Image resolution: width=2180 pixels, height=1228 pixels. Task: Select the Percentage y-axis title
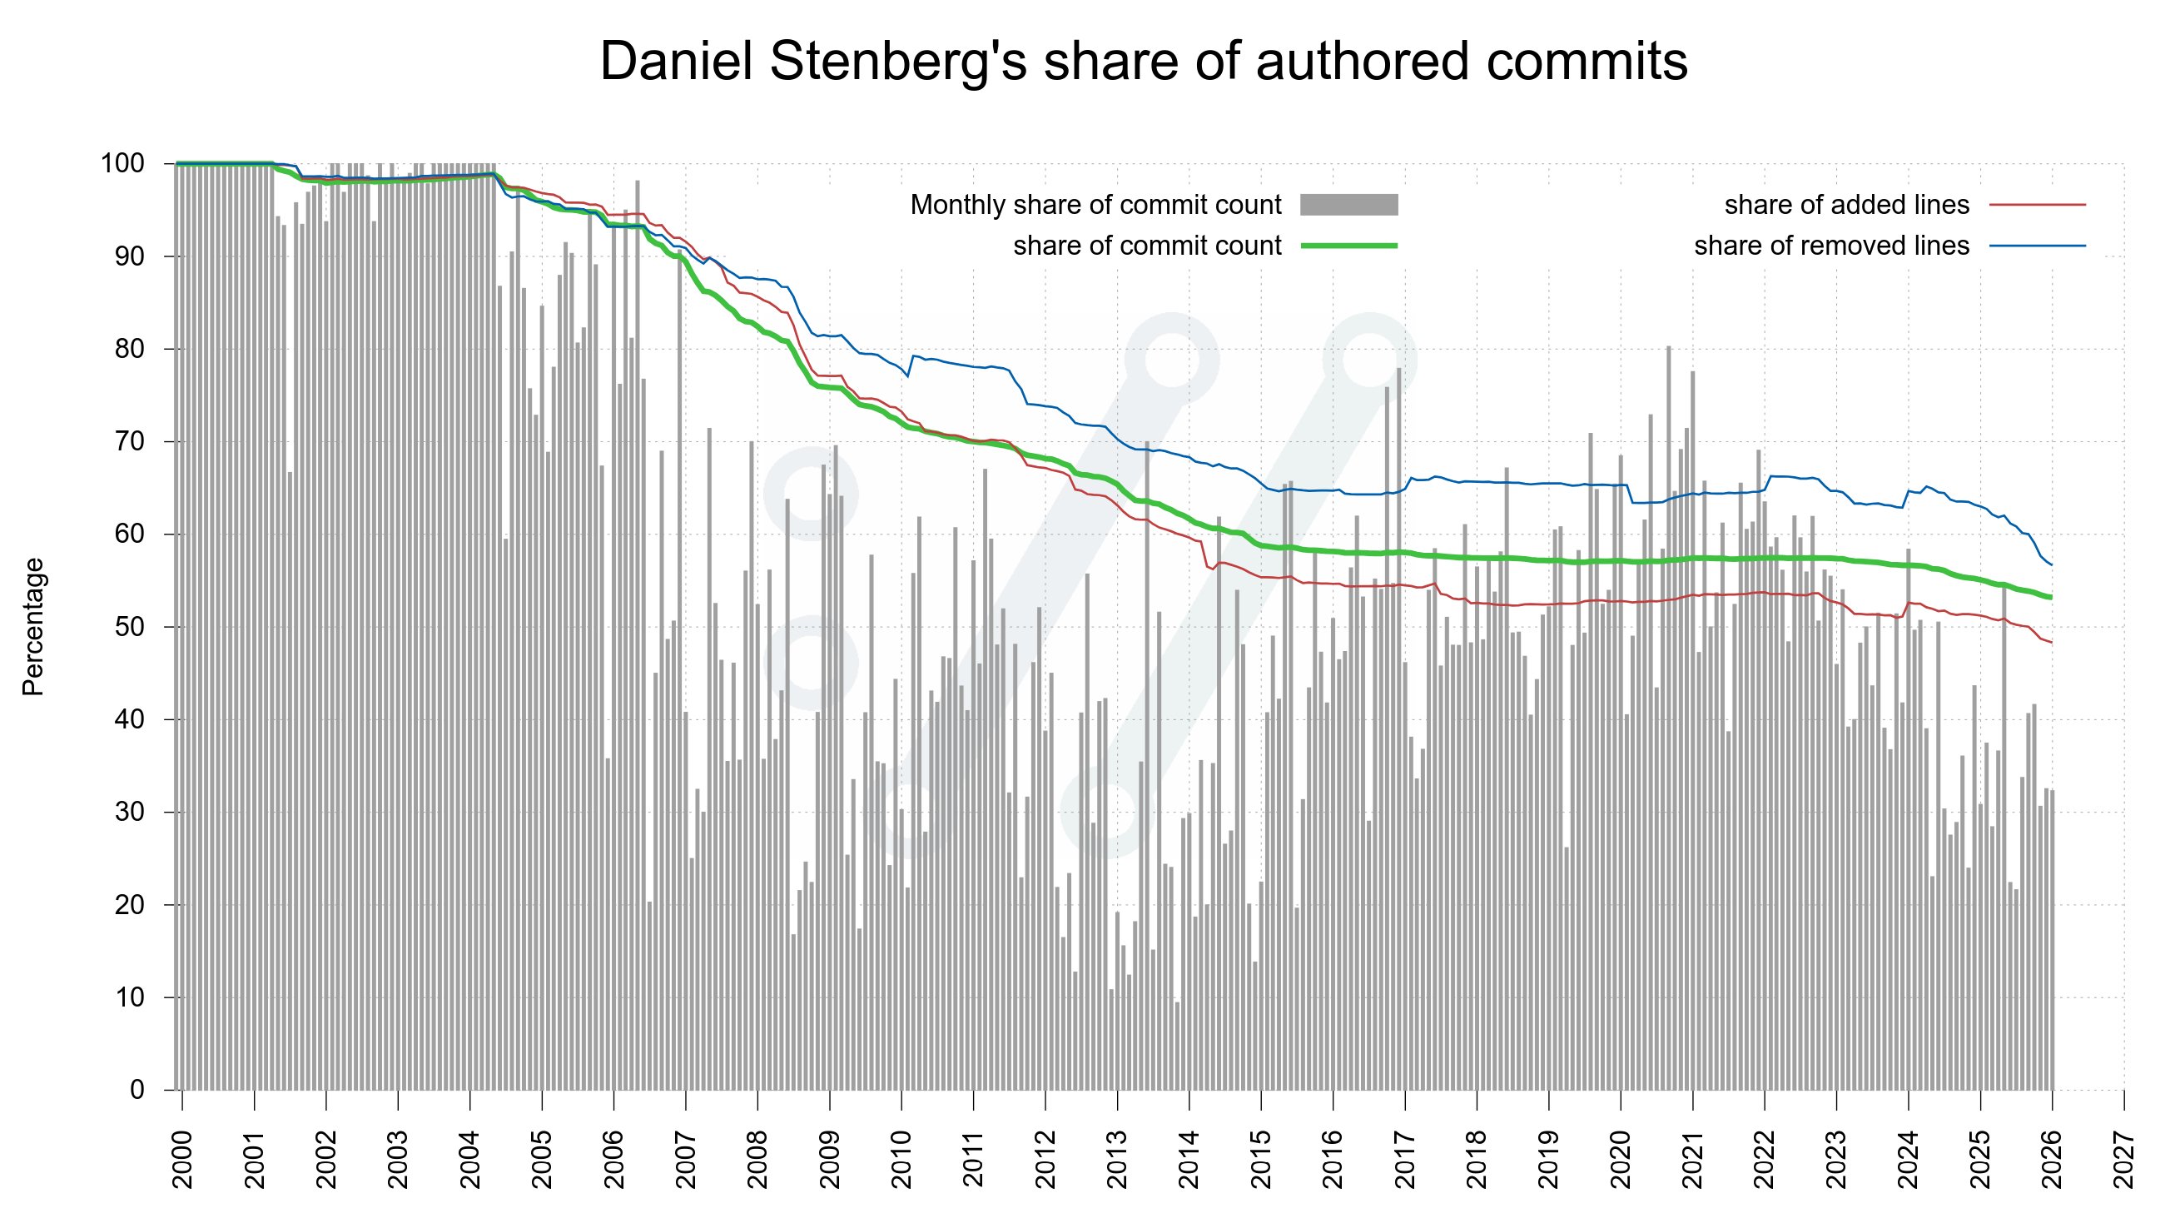(33, 627)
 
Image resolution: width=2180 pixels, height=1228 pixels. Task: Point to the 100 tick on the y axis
(122, 163)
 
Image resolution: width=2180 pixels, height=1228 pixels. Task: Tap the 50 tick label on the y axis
(130, 627)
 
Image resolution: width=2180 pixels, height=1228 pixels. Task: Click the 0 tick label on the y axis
(137, 1090)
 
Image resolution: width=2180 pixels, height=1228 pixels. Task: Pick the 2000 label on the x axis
(183, 1160)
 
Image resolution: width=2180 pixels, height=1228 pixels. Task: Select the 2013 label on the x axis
(1117, 1160)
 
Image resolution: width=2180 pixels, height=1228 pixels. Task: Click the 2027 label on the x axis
(2124, 1160)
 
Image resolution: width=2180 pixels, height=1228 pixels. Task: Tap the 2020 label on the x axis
(1621, 1160)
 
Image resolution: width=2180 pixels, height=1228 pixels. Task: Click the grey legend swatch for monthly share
(1349, 205)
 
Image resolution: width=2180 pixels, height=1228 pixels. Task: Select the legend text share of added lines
(1846, 205)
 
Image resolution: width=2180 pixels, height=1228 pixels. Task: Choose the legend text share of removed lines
(1831, 246)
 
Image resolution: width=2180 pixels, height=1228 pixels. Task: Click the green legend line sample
(1349, 246)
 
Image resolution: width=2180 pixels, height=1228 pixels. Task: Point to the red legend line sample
(2037, 205)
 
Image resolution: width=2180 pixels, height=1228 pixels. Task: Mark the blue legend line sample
(2037, 246)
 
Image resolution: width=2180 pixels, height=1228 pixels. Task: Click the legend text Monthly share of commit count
(1096, 205)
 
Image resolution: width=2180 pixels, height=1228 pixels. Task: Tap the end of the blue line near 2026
(2050, 564)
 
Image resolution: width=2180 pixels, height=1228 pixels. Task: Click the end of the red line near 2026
(2050, 643)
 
